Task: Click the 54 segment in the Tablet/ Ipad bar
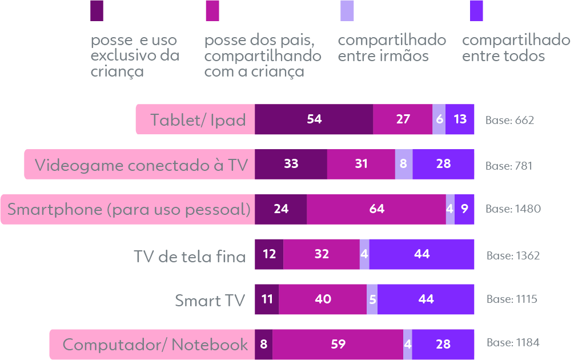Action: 314,119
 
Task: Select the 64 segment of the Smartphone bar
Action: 376,209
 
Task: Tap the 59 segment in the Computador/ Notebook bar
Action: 338,345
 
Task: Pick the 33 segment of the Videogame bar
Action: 291,164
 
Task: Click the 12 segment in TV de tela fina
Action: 269,254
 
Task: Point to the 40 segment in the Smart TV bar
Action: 323,299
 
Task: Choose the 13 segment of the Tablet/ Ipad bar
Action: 460,119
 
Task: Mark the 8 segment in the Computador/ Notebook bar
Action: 263,345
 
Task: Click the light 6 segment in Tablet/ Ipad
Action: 439,119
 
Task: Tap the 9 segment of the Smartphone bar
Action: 464,209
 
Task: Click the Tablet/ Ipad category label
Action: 198,120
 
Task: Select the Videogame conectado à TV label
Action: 141,165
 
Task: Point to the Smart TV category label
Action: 210,300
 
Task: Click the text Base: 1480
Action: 513,209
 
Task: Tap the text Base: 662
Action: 509,120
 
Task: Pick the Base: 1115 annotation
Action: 512,299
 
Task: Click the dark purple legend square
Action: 97,10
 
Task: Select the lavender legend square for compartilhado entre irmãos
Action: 347,10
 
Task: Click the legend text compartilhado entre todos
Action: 515,48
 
